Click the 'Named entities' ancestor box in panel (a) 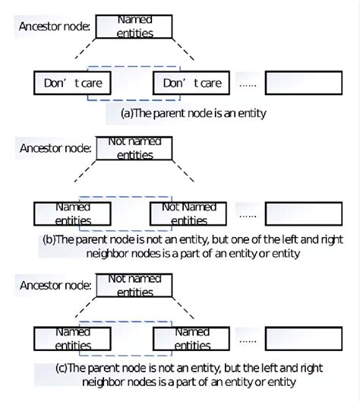click(x=134, y=27)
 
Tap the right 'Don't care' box click(x=192, y=82)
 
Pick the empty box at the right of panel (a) click(x=303, y=82)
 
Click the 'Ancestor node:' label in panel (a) click(x=55, y=27)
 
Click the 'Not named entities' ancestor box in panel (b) click(x=134, y=147)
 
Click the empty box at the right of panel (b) click(x=303, y=214)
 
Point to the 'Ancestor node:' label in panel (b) click(x=55, y=148)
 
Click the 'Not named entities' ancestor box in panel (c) click(x=134, y=285)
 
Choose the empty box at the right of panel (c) click(x=303, y=338)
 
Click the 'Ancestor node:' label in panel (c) click(x=55, y=286)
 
